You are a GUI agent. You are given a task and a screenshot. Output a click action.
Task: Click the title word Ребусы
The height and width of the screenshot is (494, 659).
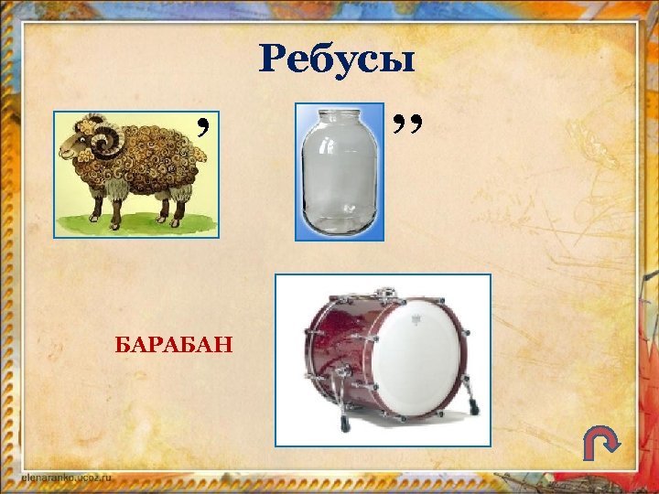coord(337,61)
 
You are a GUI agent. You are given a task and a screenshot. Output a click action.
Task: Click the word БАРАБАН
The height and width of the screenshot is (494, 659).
coord(173,345)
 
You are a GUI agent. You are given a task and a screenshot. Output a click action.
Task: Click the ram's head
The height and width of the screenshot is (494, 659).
coord(87,146)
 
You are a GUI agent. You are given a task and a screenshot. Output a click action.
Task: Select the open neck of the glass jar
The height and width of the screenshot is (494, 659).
coord(339,115)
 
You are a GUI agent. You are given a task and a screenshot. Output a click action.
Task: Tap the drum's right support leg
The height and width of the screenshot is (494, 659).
coord(470,406)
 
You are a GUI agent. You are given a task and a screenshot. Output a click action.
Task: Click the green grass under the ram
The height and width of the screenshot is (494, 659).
coord(137,224)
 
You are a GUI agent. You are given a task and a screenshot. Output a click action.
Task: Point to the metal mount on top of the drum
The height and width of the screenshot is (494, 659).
coord(391,292)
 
